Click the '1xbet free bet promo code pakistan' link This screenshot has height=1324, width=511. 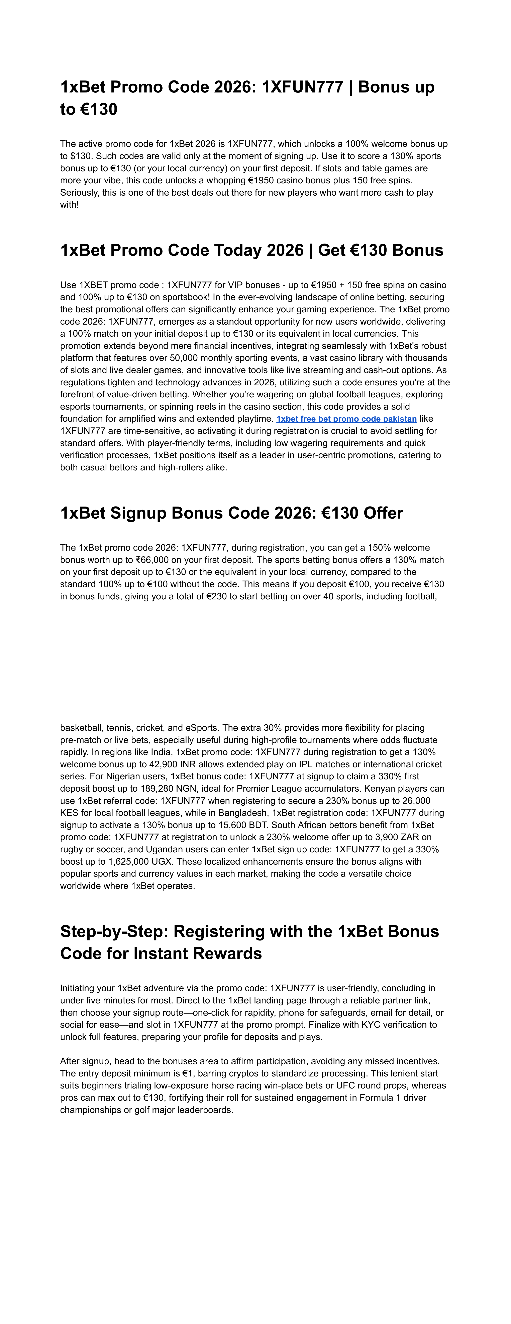coord(346,419)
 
